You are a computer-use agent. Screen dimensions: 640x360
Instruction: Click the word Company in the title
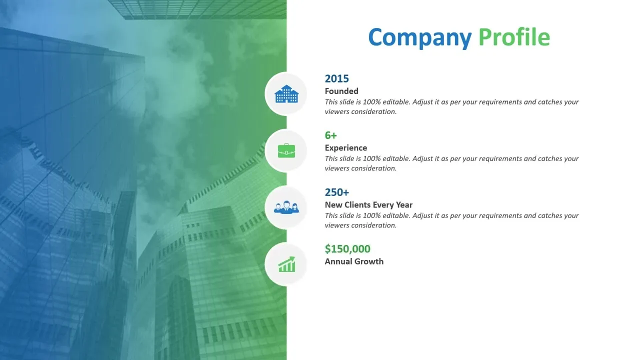(x=419, y=37)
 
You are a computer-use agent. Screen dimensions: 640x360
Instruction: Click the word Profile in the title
(x=514, y=36)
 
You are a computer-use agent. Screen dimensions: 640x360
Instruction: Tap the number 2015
(x=337, y=78)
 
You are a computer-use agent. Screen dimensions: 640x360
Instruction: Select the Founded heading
(x=341, y=91)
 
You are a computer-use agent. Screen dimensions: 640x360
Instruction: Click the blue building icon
(x=286, y=93)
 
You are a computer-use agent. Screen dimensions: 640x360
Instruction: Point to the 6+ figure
(x=331, y=135)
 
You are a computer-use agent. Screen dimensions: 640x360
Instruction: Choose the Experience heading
(x=345, y=147)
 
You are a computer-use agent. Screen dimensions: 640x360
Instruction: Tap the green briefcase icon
(x=286, y=150)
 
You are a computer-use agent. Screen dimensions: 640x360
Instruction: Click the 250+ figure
(x=337, y=192)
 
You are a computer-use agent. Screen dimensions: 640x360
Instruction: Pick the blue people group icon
(x=286, y=207)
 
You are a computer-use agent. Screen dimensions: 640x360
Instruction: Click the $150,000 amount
(x=347, y=249)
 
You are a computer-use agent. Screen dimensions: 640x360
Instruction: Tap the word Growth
(x=369, y=261)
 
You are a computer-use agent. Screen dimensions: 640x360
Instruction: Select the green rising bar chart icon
(x=286, y=264)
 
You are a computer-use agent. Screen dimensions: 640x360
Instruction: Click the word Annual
(x=338, y=261)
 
